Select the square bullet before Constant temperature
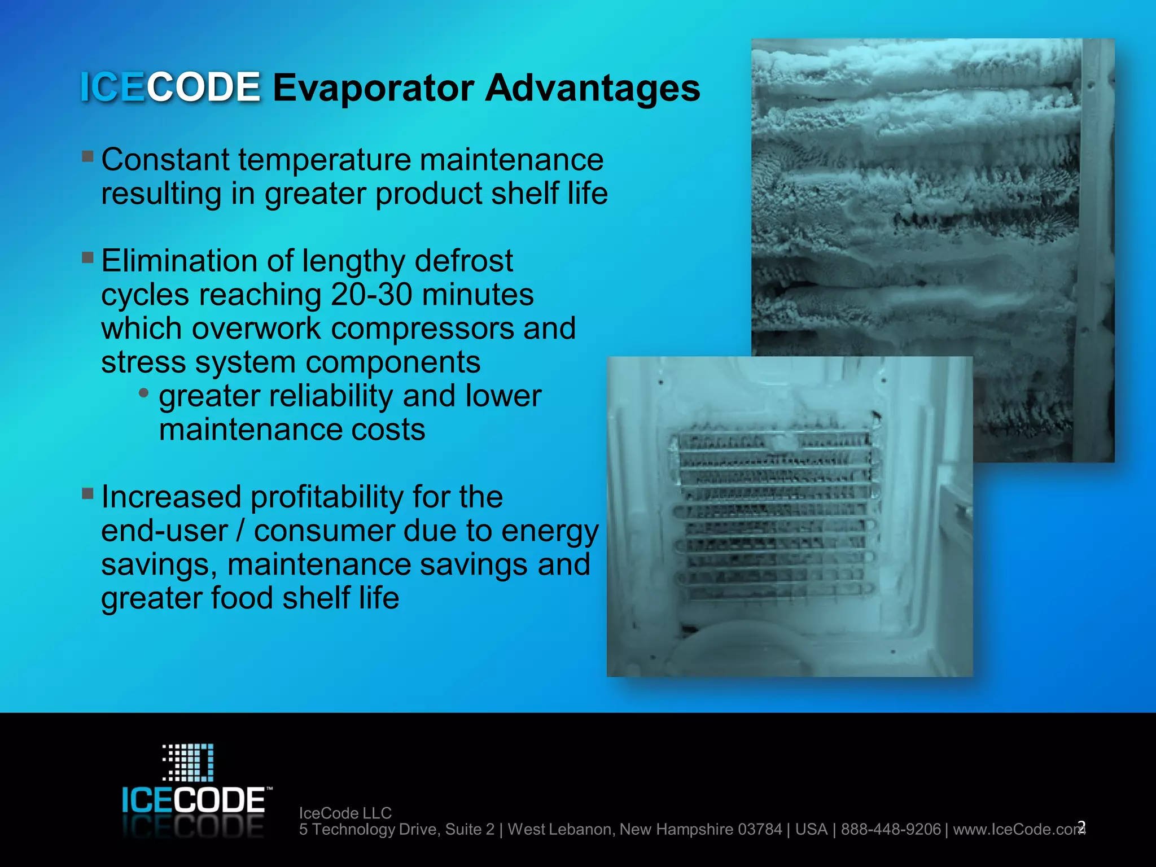coord(87,156)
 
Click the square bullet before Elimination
coord(87,257)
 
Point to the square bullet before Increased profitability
coord(87,493)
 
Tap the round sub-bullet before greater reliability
coord(144,392)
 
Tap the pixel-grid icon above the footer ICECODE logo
coord(189,762)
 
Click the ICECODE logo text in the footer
coord(194,800)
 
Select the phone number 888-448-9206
coord(891,829)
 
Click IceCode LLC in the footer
coord(345,813)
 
